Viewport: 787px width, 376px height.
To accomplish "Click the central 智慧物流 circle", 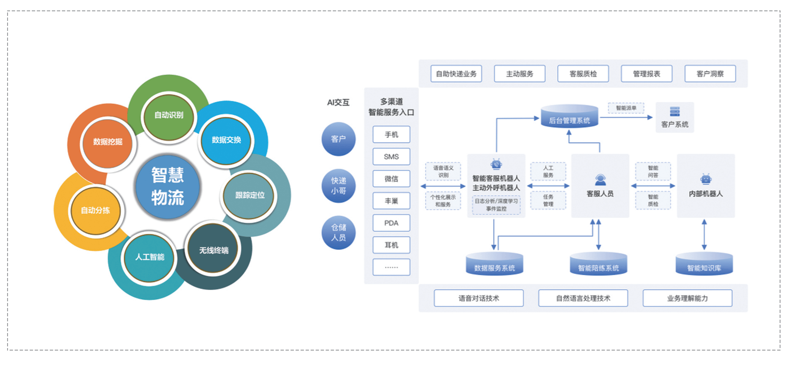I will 168,187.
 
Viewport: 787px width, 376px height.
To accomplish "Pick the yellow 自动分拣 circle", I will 96,210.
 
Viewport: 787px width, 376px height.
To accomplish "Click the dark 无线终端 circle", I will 213,250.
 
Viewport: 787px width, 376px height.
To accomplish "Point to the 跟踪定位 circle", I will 249,195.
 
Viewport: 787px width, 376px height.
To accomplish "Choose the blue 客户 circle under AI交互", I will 338,139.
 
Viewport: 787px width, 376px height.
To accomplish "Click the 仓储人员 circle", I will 338,232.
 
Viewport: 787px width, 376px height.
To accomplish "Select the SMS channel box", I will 391,156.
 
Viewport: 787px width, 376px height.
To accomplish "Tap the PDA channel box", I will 391,223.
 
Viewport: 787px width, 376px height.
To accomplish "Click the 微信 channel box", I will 391,179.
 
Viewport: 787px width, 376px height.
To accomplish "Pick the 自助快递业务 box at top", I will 456,74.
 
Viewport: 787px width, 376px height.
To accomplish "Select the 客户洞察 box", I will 710,74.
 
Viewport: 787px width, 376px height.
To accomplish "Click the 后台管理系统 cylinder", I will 569,117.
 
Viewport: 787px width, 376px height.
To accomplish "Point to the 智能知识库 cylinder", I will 704,264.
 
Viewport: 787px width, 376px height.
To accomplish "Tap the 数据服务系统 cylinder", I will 494,264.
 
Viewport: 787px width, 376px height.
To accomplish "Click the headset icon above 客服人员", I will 600,180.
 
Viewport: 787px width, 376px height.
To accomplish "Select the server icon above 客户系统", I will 675,112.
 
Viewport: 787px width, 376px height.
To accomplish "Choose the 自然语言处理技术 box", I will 583,298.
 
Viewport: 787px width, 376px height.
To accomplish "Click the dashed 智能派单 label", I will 626,108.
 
